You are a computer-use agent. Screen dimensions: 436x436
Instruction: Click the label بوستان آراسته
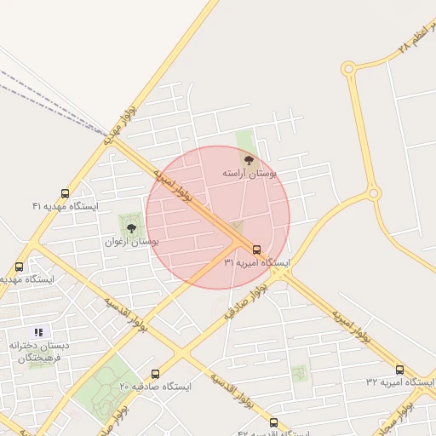[250, 173]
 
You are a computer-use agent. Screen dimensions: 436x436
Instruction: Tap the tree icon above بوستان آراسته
[249, 159]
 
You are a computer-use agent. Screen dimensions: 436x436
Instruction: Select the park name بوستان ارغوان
[132, 242]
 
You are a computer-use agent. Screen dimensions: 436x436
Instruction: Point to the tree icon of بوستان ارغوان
[131, 228]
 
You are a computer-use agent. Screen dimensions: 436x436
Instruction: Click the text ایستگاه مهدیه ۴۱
[66, 206]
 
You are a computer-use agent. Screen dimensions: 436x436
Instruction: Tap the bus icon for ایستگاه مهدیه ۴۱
[66, 194]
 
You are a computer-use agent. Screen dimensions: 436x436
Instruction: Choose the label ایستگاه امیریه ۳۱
[257, 263]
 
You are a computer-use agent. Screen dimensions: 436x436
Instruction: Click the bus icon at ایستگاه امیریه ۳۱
[257, 250]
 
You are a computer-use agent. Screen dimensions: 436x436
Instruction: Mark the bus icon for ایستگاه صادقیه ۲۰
[155, 374]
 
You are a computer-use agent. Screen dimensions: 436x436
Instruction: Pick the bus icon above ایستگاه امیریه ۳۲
[399, 370]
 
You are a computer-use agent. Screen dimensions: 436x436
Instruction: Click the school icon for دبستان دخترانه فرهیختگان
[37, 331]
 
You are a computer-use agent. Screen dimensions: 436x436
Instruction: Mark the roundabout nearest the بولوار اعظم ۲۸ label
[347, 68]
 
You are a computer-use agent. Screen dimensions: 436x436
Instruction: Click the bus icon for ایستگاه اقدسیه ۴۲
[273, 422]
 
